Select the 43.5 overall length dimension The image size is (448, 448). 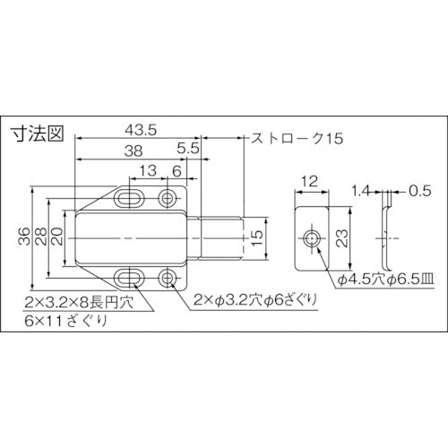(138, 129)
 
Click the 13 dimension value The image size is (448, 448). (144, 171)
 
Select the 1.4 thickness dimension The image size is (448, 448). (360, 190)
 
